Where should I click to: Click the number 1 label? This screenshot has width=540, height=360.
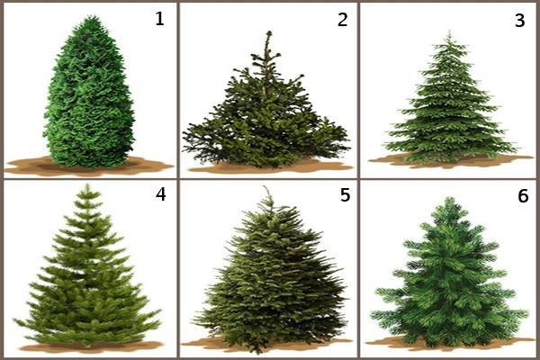(x=159, y=19)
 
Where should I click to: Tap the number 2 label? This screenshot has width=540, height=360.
(x=342, y=20)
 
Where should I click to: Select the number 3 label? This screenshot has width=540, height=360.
(x=519, y=21)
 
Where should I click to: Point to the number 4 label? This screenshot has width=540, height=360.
(x=161, y=194)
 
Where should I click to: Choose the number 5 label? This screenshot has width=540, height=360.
(x=345, y=195)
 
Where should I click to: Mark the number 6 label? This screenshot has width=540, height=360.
(x=523, y=196)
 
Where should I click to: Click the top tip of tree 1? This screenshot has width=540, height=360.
(x=91, y=16)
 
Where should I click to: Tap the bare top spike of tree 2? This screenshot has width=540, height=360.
(x=268, y=32)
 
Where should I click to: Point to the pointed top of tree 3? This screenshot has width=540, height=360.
(x=449, y=31)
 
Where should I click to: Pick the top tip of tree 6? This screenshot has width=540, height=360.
(x=447, y=198)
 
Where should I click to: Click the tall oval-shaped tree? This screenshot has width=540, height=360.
(x=89, y=93)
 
